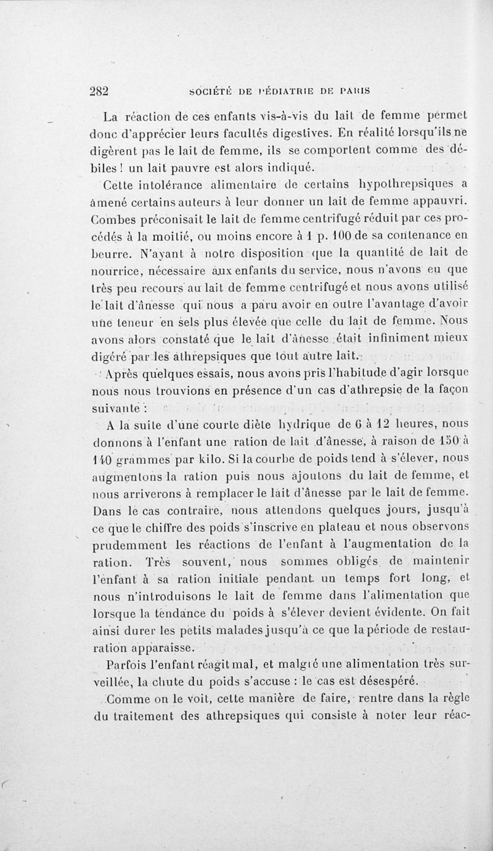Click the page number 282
tap(99, 89)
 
